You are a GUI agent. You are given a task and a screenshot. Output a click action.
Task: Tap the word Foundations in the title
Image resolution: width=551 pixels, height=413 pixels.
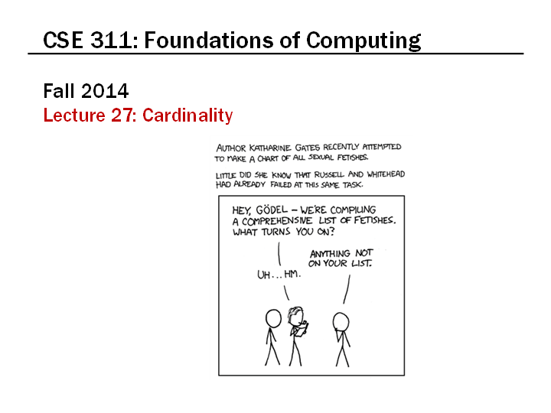pos(210,40)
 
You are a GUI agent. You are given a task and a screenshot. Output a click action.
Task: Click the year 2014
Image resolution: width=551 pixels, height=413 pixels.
pos(105,91)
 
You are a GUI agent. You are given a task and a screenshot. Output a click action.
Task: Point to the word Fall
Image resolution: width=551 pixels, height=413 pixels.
pos(59,91)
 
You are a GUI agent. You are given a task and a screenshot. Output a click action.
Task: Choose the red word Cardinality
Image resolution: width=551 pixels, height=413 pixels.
pos(187,115)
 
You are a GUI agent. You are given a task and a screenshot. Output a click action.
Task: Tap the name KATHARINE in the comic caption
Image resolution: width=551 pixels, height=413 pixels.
pos(270,148)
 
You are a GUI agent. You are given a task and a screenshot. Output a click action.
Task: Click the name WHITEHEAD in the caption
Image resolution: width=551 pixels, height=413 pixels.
pos(386,174)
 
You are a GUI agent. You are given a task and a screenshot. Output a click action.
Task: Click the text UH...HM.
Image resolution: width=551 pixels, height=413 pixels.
pos(279,275)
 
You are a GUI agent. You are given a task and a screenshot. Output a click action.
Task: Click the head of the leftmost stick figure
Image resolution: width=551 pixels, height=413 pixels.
pos(273,319)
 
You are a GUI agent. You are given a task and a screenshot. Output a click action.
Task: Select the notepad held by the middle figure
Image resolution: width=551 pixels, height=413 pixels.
pos(302,329)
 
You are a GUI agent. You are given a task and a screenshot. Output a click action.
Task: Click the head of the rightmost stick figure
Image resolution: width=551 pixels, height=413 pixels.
pos(341,322)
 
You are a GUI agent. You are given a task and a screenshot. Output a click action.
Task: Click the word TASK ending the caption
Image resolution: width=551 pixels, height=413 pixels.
pos(353,185)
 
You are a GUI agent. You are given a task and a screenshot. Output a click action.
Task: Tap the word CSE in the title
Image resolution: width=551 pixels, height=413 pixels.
pos(63,40)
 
